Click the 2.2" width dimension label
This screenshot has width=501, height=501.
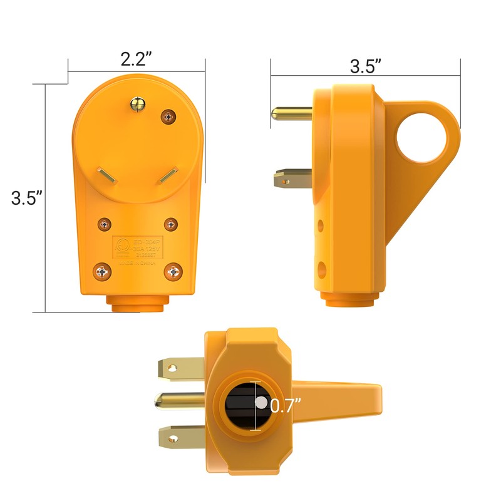point(136,59)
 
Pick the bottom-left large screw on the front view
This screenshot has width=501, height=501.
point(102,271)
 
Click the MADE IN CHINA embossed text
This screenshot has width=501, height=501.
point(135,264)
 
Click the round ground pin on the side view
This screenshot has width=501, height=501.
point(291,113)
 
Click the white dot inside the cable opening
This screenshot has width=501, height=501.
point(260,404)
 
